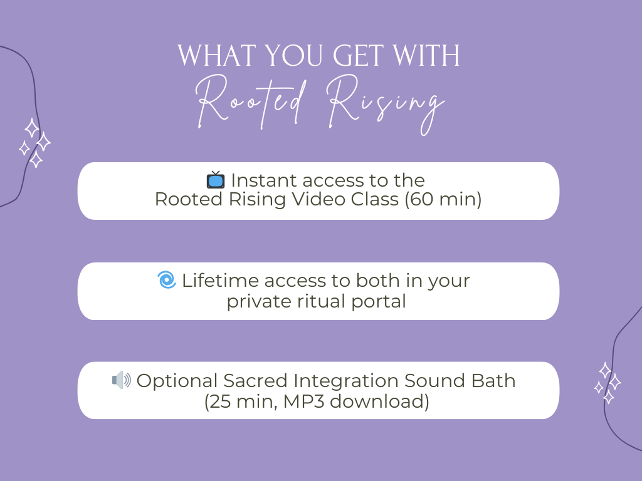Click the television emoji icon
coord(216,180)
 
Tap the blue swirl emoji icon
coord(167,280)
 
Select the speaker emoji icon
coord(122,380)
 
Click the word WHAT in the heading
coord(217,56)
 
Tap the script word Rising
coord(386,105)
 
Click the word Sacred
coord(256,380)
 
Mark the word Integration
coord(346,381)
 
